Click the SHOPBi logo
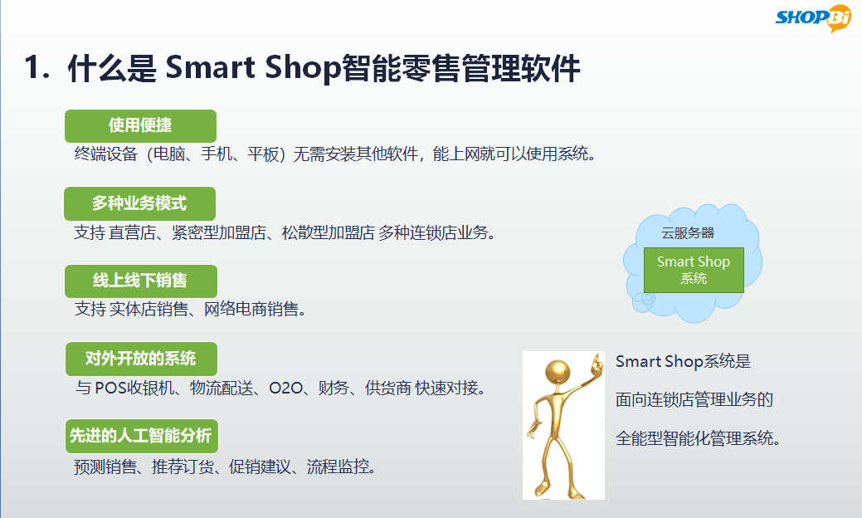(812, 17)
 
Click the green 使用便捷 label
(140, 126)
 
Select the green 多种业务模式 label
(139, 203)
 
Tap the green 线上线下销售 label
(141, 281)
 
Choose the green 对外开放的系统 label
(141, 359)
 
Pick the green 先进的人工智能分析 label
(142, 436)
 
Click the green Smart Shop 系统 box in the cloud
(694, 270)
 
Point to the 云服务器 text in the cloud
(688, 233)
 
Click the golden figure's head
(558, 372)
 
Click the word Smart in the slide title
(210, 67)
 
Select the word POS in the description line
(110, 388)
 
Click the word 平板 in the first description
(263, 154)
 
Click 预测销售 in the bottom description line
(105, 467)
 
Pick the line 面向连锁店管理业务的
(694, 400)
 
